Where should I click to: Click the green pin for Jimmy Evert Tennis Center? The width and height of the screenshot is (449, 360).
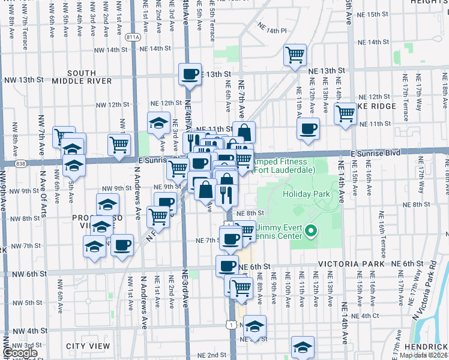click(x=311, y=230)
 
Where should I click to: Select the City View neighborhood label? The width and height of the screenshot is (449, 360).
click(x=88, y=346)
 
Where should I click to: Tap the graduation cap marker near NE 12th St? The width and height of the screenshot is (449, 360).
click(x=158, y=123)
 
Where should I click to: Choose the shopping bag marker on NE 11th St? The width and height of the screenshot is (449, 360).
click(x=244, y=132)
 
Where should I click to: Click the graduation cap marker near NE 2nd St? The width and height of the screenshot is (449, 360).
click(x=303, y=347)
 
